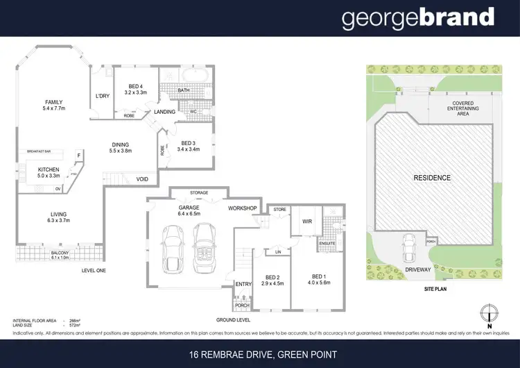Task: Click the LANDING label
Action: pos(165,111)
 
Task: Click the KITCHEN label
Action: pos(49,170)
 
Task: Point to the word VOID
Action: pos(143,179)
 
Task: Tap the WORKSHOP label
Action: pos(243,208)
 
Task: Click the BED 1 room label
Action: pos(315,279)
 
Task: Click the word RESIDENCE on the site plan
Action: pos(431,178)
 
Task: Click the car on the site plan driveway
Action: pos(410,244)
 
